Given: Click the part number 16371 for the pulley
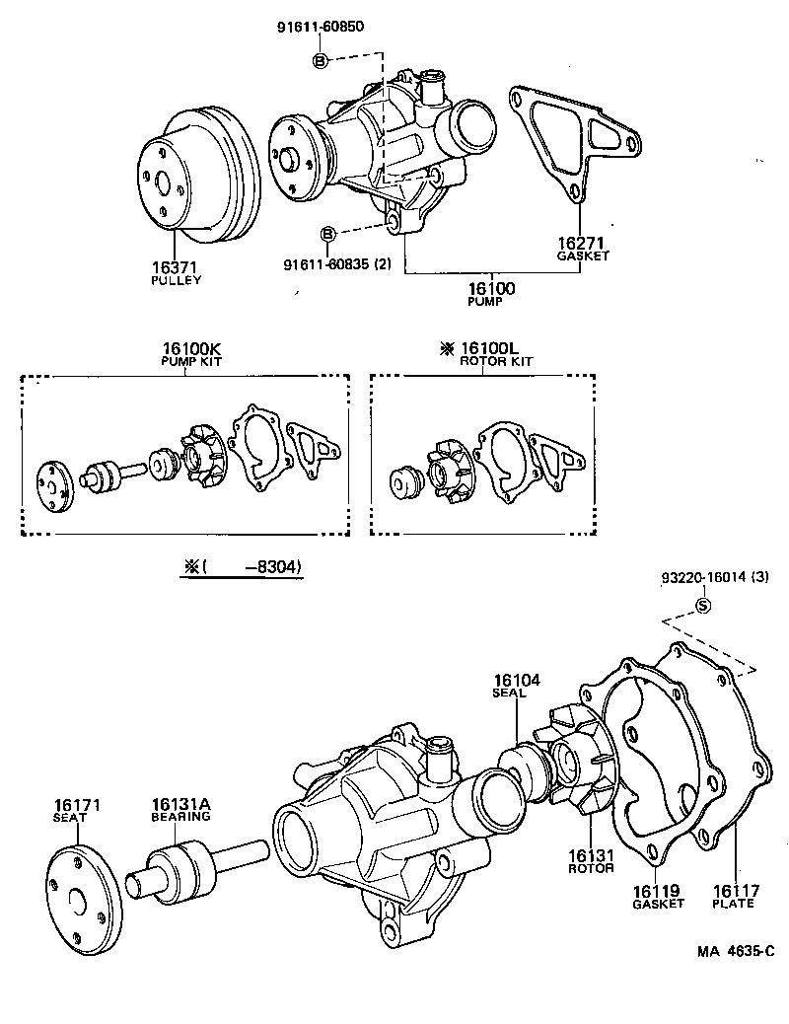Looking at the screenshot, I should click(x=176, y=266).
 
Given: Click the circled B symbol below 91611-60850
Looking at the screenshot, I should click(x=320, y=61).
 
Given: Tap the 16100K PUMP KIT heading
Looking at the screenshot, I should click(x=192, y=354).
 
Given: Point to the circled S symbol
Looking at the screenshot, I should click(x=703, y=606).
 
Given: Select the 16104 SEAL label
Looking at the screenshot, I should click(x=513, y=685).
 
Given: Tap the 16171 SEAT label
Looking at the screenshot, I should click(x=77, y=811).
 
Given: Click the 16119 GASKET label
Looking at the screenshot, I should click(x=657, y=896).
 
